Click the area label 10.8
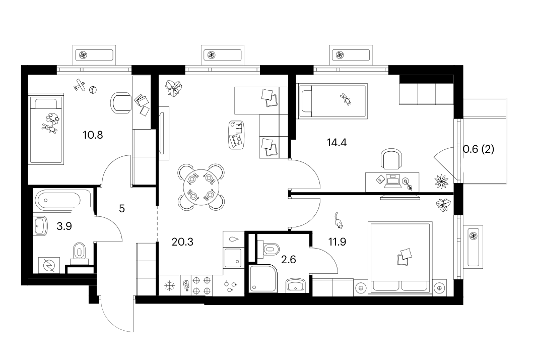[93, 135]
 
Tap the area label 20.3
[182, 242]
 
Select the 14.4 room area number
[337, 142]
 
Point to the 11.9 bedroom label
[337, 242]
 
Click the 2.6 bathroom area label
[288, 260]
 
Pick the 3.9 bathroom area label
[64, 226]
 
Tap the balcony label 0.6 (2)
[479, 149]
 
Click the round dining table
[201, 187]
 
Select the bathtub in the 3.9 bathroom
[58, 200]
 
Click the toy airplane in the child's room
[80, 85]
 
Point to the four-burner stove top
[202, 286]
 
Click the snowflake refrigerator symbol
[170, 286]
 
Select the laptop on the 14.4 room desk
[392, 182]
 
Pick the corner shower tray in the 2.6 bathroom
[263, 278]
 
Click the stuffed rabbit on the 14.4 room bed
[346, 98]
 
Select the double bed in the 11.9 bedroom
[400, 258]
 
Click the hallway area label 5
[122, 208]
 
